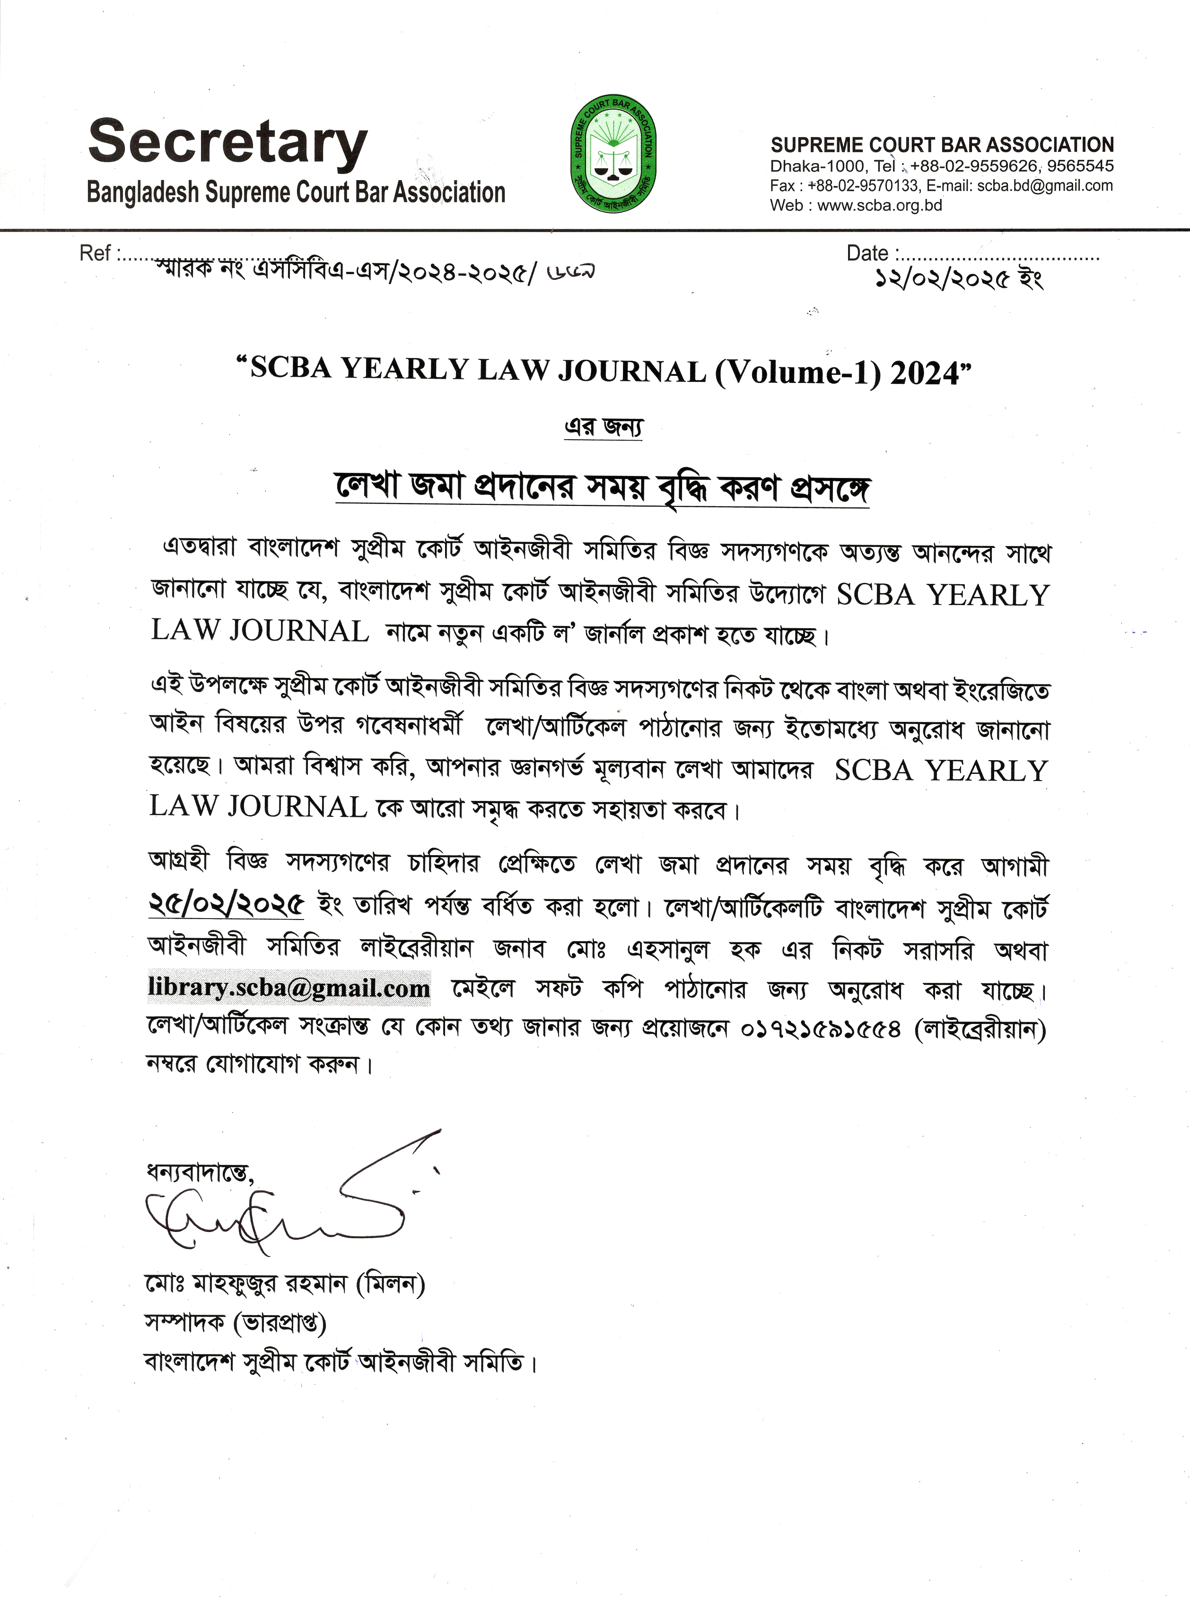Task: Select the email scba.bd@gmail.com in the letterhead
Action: click(x=1044, y=186)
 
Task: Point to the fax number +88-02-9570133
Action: click(x=864, y=186)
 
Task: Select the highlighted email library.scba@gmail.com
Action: click(x=289, y=987)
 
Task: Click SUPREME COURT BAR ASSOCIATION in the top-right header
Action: click(x=942, y=145)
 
